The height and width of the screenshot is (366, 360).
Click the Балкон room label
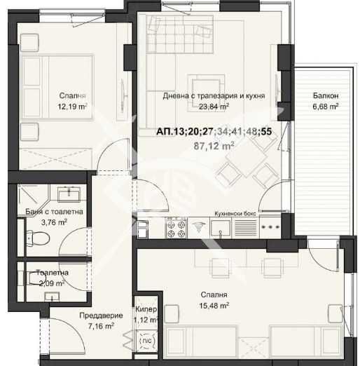pyautogui.click(x=324, y=96)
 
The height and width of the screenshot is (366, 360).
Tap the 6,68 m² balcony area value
pyautogui.click(x=324, y=107)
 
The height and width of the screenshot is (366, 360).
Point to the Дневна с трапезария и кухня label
pyautogui.click(x=213, y=96)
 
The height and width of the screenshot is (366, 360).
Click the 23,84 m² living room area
pyautogui.click(x=213, y=107)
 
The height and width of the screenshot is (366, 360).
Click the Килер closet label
pyautogui.click(x=146, y=309)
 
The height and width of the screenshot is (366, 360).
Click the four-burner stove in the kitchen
pyautogui.click(x=174, y=229)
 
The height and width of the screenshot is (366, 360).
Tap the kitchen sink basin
pyautogui.click(x=220, y=229)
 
